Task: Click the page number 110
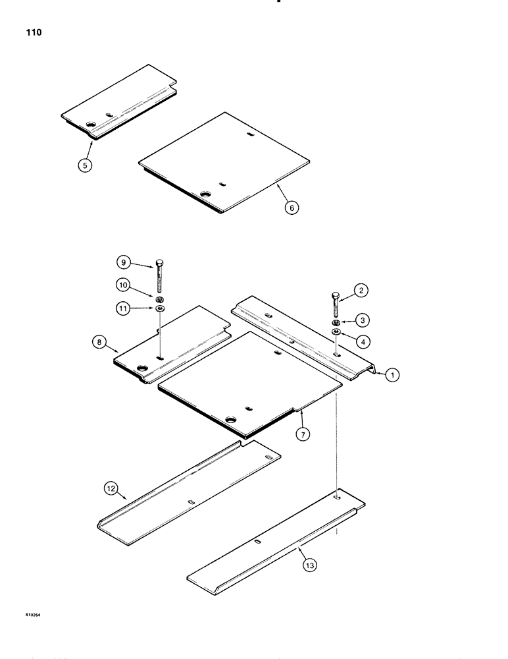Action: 32,32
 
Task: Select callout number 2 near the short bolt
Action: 360,290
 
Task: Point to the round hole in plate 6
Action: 205,195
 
